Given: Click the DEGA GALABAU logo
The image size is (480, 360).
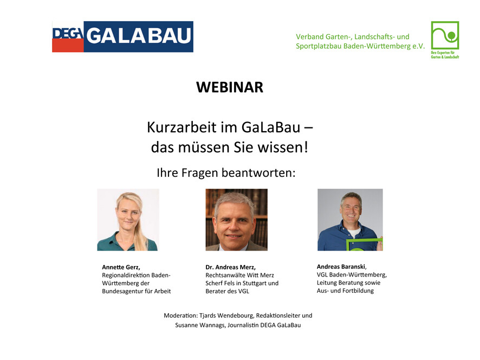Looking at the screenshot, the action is (x=122, y=36).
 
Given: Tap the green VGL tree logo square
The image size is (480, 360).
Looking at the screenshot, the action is (x=445, y=35).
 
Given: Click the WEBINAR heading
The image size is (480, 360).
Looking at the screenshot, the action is (x=230, y=87).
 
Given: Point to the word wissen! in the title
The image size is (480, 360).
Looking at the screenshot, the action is (x=283, y=147).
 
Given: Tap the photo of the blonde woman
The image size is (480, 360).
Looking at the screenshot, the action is (x=128, y=220).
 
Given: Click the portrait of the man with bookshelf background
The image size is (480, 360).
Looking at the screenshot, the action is (x=236, y=220).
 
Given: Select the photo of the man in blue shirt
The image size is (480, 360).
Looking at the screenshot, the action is (x=350, y=220).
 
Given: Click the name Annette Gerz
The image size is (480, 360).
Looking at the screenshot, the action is (x=121, y=267).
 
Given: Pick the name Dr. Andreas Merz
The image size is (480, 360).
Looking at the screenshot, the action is (x=230, y=267).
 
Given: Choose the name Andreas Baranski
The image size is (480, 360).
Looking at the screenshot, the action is (x=341, y=267).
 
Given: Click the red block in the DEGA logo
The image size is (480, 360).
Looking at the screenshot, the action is (x=68, y=46).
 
